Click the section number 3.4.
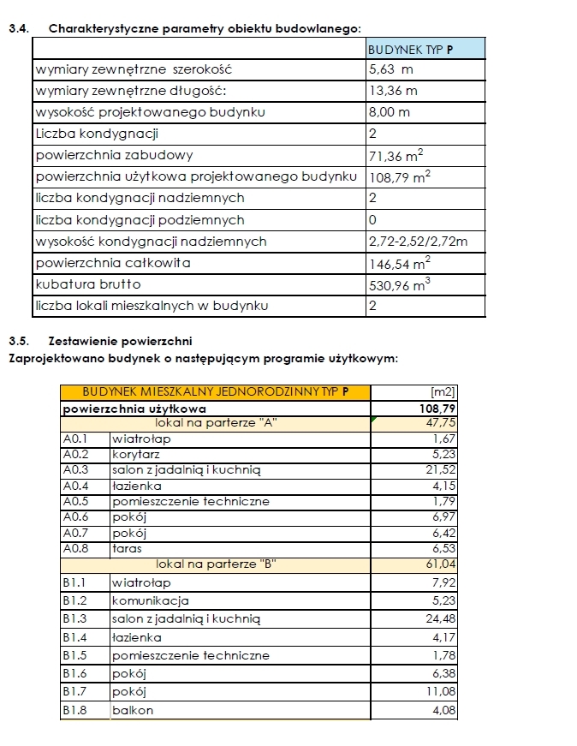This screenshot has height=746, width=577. [x=17, y=29]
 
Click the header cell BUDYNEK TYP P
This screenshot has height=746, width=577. [x=410, y=50]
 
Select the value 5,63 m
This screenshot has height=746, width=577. [x=390, y=69]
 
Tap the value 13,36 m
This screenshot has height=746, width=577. [x=393, y=91]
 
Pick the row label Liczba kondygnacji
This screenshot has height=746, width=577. [x=97, y=134]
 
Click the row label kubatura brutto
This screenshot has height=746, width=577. [x=88, y=284]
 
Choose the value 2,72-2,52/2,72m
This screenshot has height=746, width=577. [x=418, y=242]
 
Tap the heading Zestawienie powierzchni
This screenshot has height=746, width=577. [x=126, y=340]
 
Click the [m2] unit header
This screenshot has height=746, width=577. [x=444, y=392]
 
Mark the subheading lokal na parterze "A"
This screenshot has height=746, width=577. [x=216, y=423]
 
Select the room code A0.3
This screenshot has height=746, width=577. [x=76, y=469]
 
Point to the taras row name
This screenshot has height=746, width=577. [x=127, y=548]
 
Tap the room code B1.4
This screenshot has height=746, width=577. [x=76, y=637]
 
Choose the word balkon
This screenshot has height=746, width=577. [x=133, y=710]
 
